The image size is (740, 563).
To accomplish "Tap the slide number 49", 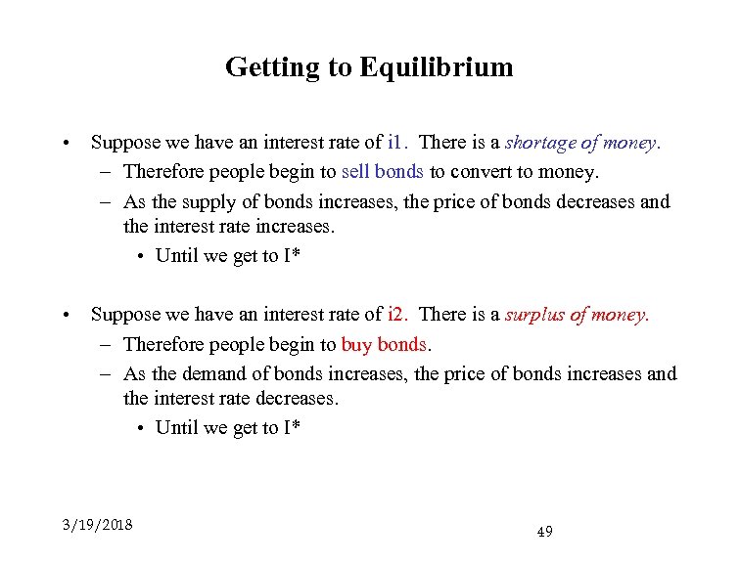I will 545,532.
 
